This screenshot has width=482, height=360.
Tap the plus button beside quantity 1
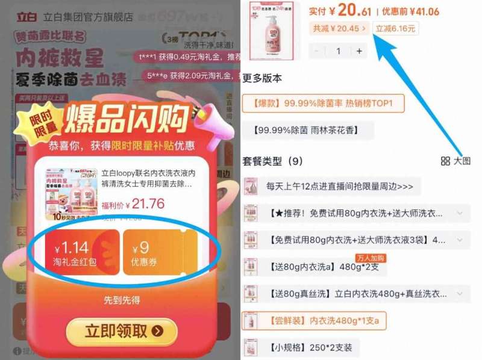pos(360,51)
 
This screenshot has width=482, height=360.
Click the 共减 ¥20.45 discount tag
pos(339,28)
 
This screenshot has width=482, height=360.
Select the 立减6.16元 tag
pos(396,28)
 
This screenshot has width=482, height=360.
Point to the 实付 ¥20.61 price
pos(340,10)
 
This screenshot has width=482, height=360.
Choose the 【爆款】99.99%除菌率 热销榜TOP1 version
pos(323,104)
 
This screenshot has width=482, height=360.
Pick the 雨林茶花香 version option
pos(308,131)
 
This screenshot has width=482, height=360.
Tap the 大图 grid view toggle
pos(455,161)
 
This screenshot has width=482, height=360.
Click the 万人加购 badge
pos(369,258)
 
